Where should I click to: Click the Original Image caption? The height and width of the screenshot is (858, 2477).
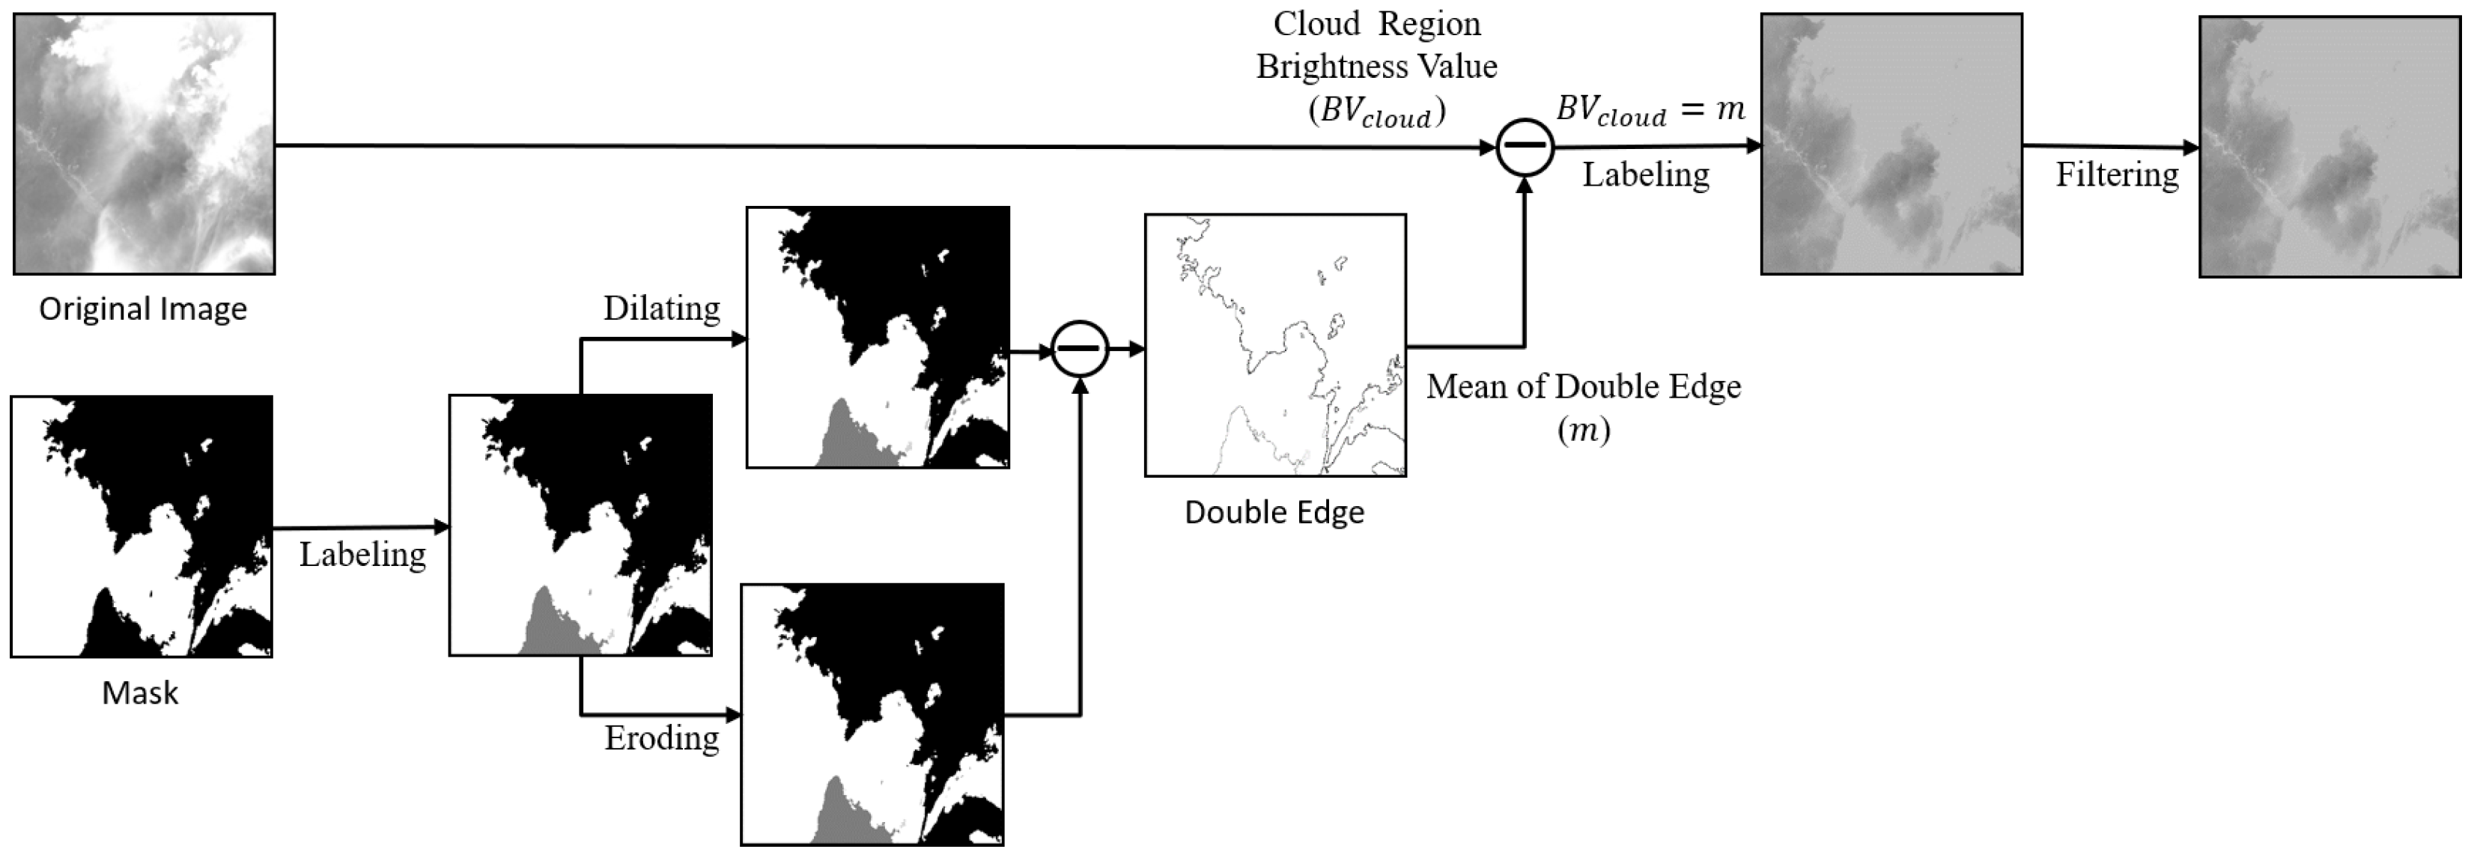coord(142,308)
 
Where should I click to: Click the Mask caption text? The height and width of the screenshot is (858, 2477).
coord(140,693)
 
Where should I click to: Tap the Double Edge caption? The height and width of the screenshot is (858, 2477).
coord(1274,511)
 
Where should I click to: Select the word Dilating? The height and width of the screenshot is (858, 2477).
coord(662,308)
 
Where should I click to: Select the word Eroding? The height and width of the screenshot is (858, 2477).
coord(662,737)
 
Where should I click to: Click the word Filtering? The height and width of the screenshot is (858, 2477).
coord(2116,174)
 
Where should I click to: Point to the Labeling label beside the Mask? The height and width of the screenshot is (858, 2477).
coord(362,554)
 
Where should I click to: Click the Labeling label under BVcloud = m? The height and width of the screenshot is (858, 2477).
coord(1645,174)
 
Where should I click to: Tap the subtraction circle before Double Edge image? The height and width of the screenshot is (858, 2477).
coord(1080,349)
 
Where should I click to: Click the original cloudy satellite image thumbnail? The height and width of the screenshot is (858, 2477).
coord(145,144)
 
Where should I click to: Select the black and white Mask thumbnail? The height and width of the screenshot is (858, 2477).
coord(142,526)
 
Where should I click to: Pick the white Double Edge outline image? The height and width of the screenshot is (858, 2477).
coord(1275,345)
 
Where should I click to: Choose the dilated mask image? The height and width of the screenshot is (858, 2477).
coord(878,338)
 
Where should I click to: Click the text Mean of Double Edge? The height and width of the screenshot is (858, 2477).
coord(1583,386)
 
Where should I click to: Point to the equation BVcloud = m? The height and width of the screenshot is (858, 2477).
coord(1650,109)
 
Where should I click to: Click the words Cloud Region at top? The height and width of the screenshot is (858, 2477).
coord(1376,24)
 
